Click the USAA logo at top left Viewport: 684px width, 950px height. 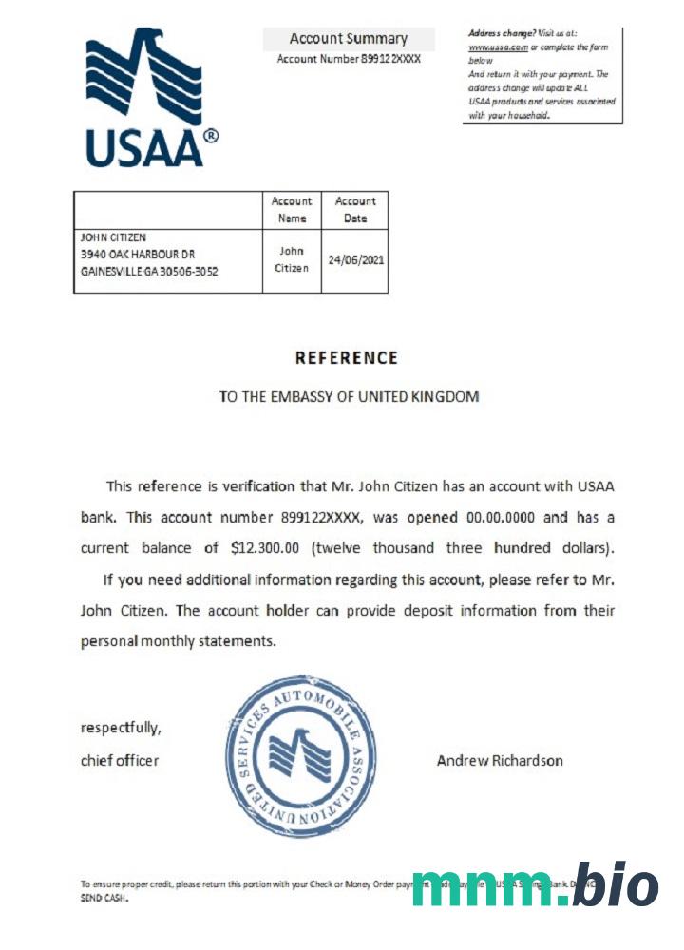[x=152, y=99]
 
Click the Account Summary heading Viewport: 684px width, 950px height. [x=349, y=39]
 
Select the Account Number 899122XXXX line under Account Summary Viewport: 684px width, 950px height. [x=349, y=59]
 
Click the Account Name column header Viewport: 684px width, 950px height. [x=292, y=209]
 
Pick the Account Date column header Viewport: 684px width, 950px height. [x=355, y=209]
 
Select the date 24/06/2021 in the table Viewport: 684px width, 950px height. [x=355, y=259]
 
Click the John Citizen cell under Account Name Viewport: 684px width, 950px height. [x=292, y=259]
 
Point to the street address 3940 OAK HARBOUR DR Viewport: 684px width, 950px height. [x=139, y=254]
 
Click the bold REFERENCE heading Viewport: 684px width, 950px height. [x=347, y=358]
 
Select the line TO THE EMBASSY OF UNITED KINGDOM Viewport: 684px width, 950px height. [x=349, y=396]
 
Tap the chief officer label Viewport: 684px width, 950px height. [x=120, y=760]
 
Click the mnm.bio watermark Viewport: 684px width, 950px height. [x=535, y=886]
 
